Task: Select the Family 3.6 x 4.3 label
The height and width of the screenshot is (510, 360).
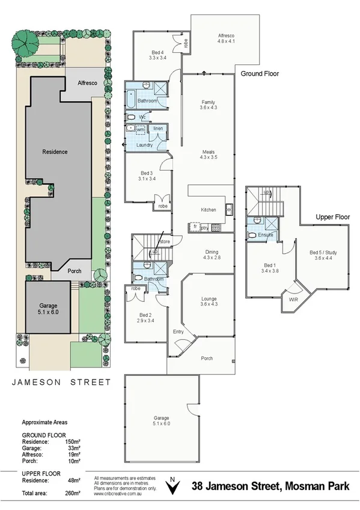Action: click(x=208, y=105)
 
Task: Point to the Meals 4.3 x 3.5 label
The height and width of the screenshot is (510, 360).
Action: click(x=208, y=155)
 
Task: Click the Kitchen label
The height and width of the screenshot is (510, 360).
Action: click(x=208, y=210)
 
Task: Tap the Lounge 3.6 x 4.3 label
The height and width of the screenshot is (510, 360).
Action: click(x=208, y=302)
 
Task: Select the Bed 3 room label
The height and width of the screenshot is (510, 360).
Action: click(x=147, y=176)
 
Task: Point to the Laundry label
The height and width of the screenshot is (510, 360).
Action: click(x=145, y=145)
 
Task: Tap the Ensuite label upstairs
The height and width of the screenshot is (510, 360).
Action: click(x=266, y=235)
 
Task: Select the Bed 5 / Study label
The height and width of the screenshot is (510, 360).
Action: click(x=323, y=255)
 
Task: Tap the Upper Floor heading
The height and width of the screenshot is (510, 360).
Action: click(x=332, y=217)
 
